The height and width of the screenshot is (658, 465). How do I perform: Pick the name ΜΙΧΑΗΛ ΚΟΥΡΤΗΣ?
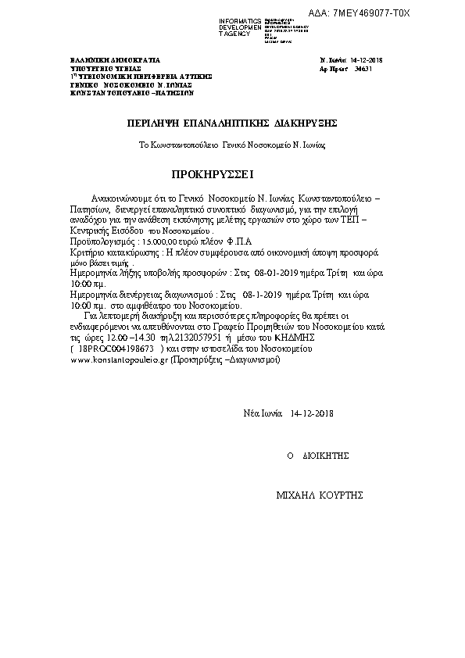[319, 495]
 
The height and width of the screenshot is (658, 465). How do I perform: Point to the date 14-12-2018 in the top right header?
[367, 60]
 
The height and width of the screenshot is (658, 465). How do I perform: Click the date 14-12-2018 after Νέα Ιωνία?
[311, 412]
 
